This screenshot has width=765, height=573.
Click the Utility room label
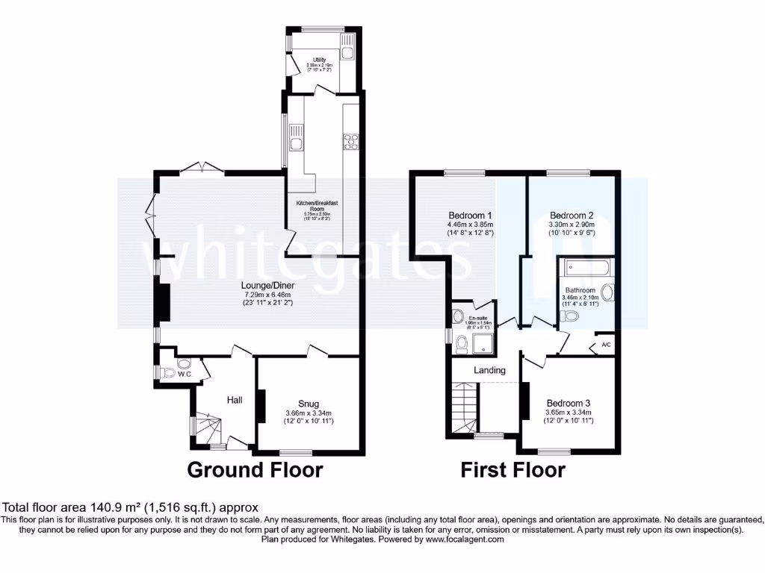point(319,60)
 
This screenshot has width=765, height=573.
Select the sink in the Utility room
point(348,51)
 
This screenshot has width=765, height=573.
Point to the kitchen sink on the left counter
point(297,143)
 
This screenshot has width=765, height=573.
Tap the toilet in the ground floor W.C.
point(168,372)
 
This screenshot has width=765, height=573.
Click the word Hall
point(235,401)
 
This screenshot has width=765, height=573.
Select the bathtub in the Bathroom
point(587,266)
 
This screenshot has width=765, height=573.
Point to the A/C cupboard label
point(604,345)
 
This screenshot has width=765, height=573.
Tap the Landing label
point(489,370)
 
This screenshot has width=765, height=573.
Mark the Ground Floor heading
point(255,470)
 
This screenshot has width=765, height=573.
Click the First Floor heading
point(512,470)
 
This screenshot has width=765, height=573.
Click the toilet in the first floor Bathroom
point(572,317)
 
